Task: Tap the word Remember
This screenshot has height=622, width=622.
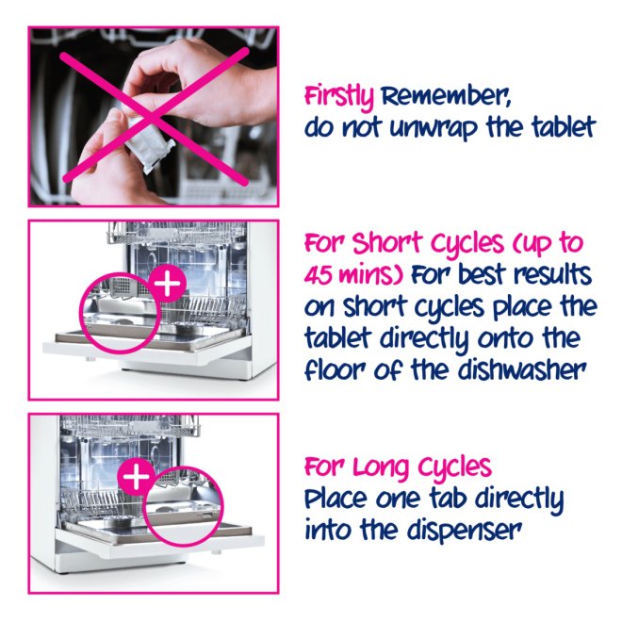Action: [446, 95]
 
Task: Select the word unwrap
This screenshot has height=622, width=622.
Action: [434, 128]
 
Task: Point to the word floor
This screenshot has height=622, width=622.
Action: [335, 370]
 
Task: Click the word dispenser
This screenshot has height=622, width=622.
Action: [464, 531]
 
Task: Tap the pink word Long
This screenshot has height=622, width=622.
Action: [383, 468]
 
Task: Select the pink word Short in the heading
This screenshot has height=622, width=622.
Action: [386, 242]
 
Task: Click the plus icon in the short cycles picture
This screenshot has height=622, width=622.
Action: [169, 284]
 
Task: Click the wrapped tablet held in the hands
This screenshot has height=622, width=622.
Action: [148, 139]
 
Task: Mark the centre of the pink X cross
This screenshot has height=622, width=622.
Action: [154, 116]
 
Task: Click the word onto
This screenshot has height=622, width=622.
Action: [506, 338]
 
